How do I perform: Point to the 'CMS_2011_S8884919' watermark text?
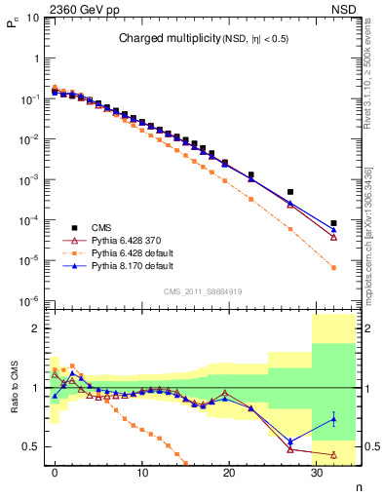204,290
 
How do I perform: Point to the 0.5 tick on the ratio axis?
33,446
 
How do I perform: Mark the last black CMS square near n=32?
333,223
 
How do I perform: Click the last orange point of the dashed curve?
333,268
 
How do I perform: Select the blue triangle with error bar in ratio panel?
333,419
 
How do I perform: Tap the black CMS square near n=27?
290,192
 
